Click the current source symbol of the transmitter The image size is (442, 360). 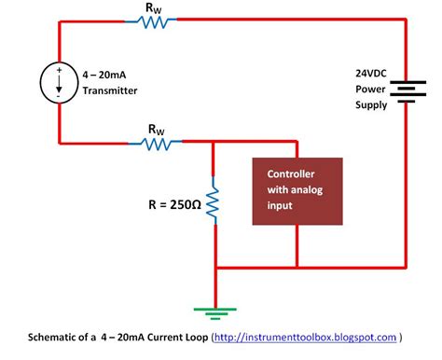(x=59, y=81)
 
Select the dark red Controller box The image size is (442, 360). (x=297, y=191)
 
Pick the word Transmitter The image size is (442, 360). (x=111, y=90)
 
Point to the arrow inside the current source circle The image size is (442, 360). (x=59, y=82)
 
